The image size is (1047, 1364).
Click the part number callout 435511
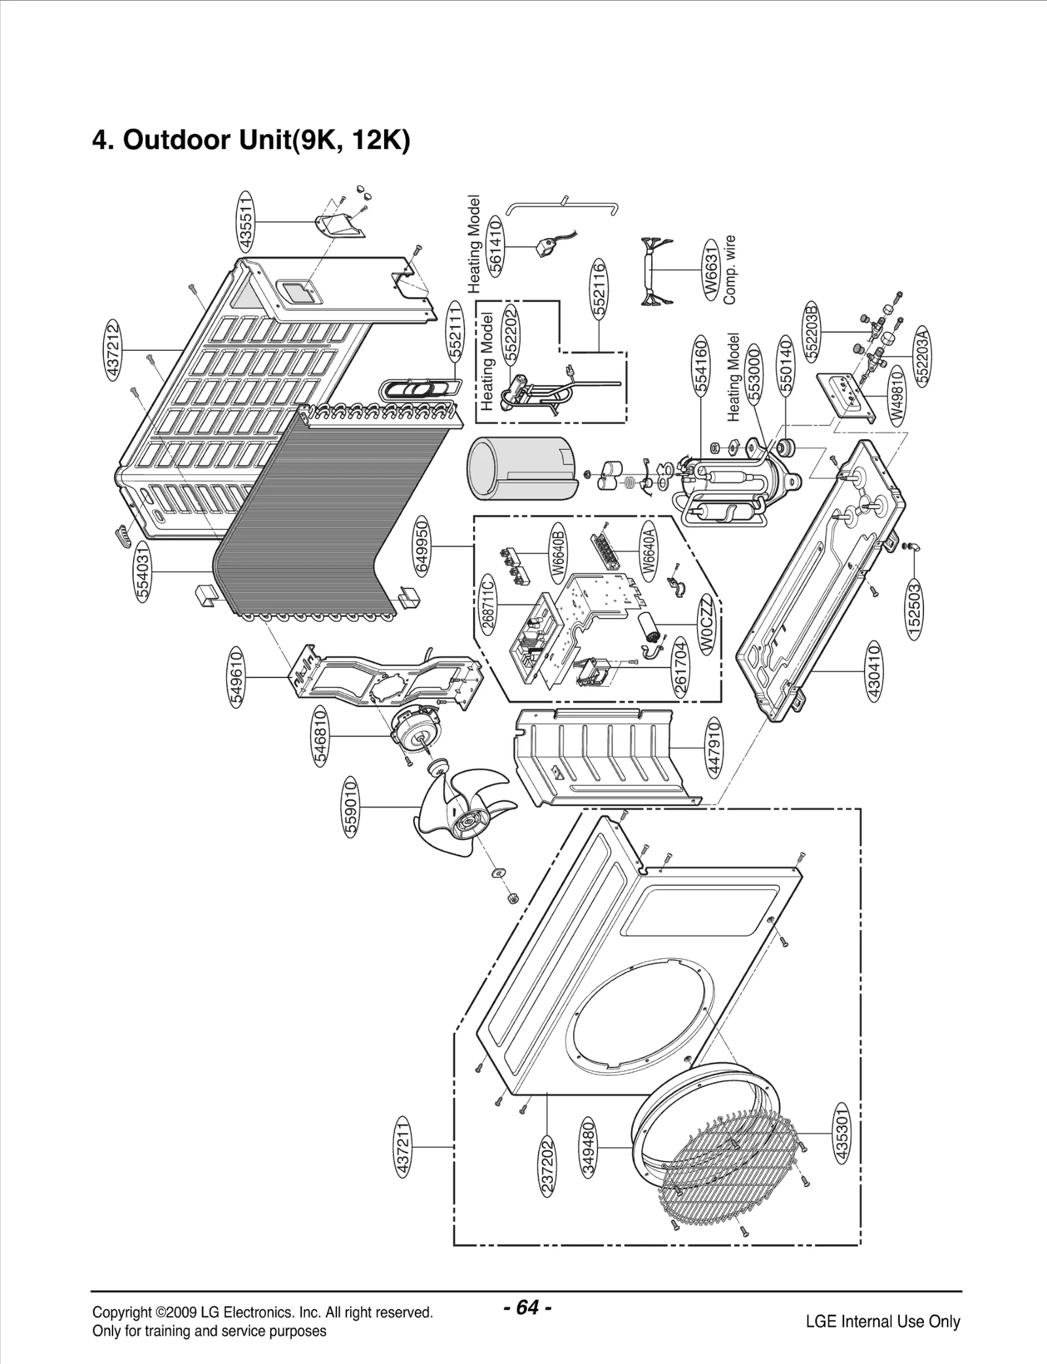point(247,221)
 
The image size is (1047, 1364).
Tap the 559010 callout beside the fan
point(351,808)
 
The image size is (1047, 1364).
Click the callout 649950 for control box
point(422,546)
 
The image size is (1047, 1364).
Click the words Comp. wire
point(730,270)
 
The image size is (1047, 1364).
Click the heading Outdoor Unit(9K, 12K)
point(251,140)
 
